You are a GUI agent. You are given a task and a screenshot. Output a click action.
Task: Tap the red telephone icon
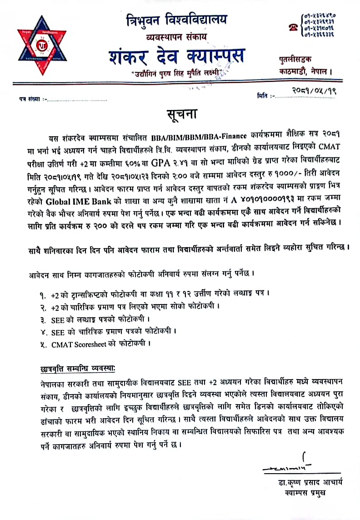(292, 27)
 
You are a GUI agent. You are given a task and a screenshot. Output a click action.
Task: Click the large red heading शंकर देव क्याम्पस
(176, 56)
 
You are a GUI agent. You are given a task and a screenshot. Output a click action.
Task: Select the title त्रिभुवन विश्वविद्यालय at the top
(177, 20)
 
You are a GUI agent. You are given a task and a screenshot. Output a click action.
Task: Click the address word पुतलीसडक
(295, 60)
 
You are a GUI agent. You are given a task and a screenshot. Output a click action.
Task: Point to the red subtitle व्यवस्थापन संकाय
(175, 35)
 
